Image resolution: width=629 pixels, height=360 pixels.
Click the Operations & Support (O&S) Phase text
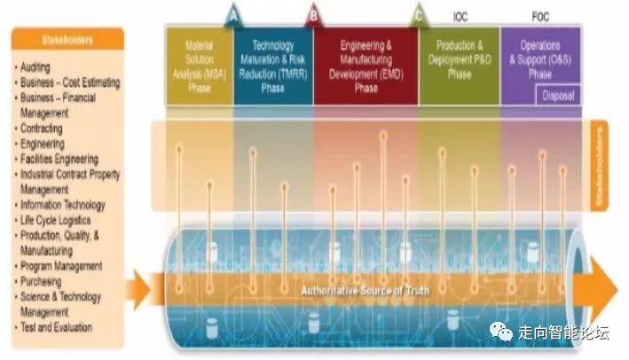click(x=541, y=55)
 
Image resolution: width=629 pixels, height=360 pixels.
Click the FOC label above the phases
click(x=540, y=14)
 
